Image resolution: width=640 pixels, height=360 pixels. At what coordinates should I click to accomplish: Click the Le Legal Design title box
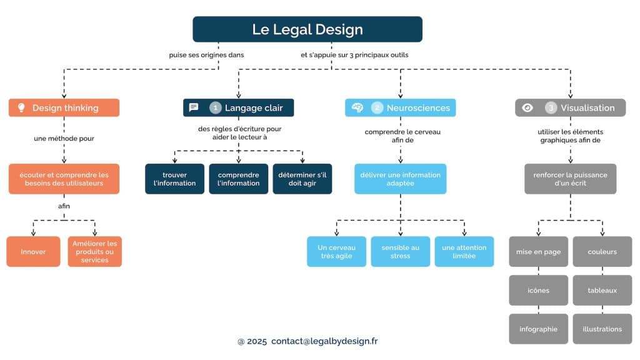point(307,29)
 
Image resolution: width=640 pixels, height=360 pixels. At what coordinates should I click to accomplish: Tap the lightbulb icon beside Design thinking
point(21,107)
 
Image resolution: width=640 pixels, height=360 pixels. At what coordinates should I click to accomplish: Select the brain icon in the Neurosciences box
point(357,107)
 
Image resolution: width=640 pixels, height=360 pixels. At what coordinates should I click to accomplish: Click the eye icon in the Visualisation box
point(527,107)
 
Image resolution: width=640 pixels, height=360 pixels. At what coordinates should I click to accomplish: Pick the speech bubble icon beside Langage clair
point(194,107)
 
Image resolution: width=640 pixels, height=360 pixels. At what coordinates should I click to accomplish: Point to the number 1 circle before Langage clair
point(216,107)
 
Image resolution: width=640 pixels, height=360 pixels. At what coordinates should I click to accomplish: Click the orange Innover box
point(33,252)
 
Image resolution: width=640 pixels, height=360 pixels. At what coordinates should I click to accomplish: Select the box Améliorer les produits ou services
point(95,252)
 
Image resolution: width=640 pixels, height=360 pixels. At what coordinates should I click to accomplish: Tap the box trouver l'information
point(174,179)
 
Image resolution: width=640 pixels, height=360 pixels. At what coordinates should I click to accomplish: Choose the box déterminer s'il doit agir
point(302,179)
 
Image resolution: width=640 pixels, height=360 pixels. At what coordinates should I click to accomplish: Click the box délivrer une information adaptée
point(400,179)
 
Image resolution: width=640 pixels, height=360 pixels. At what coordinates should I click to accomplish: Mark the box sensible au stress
point(400,252)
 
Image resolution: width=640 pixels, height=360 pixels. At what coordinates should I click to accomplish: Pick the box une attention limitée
point(464,252)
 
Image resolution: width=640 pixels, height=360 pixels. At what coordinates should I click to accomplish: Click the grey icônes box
point(538,290)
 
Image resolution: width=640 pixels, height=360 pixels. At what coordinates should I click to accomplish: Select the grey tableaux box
point(602,290)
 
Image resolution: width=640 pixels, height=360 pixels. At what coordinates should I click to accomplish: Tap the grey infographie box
point(538,329)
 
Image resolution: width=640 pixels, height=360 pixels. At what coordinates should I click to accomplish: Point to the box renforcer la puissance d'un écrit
point(570,179)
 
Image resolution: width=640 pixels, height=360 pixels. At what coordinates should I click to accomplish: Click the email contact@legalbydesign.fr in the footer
point(324,341)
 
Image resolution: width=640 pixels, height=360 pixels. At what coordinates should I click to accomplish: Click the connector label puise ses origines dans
point(206,55)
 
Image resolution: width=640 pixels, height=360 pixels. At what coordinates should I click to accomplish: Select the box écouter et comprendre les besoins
point(64,179)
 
